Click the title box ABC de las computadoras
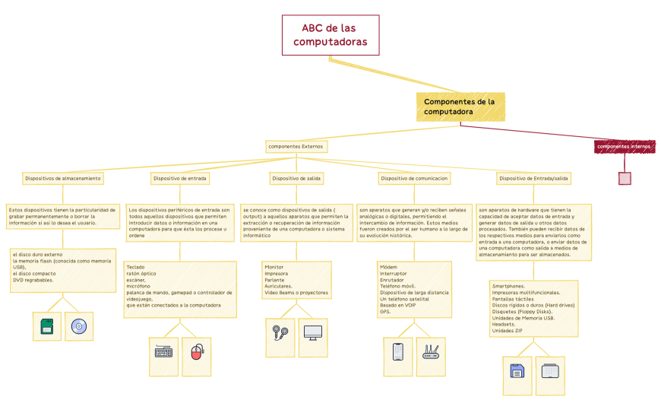point(330,35)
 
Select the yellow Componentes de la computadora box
point(460,106)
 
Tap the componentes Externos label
point(296,146)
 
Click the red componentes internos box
point(624,146)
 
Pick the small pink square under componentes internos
point(625,179)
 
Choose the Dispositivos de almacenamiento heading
point(62,178)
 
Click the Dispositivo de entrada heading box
point(180,178)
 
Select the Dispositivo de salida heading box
point(296,178)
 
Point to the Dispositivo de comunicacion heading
point(414,178)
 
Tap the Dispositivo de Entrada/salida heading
point(533,178)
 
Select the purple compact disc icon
point(78,326)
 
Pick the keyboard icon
point(163,351)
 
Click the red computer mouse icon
point(196,351)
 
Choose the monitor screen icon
point(312,332)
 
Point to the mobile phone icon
point(397,351)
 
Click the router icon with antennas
point(431,351)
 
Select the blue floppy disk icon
point(517,371)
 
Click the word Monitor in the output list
point(274,267)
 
